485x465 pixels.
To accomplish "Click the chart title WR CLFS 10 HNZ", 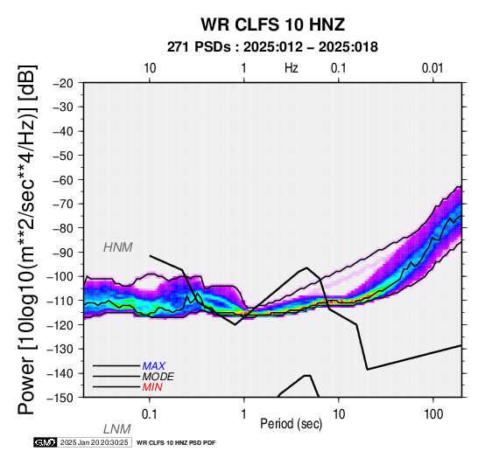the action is [x=273, y=24].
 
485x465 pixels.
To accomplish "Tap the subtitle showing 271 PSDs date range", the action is [x=272, y=47].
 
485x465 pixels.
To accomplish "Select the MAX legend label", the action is [x=154, y=366].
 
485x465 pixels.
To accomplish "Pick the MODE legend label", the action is [x=158, y=377].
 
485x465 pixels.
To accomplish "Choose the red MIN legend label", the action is [x=152, y=387].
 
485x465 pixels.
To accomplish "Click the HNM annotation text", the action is [x=118, y=247].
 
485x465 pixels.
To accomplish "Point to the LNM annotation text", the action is [x=117, y=429].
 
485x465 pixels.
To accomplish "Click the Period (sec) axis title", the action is [x=291, y=424].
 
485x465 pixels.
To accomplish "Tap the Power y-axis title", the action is [x=26, y=239].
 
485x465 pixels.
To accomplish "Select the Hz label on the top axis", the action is [x=291, y=68].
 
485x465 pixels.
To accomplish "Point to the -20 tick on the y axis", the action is [x=63, y=83].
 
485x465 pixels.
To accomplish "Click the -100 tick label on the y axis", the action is [x=60, y=276].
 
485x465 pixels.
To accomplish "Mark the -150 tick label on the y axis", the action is [x=60, y=398].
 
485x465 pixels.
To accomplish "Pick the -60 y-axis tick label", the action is [x=63, y=180].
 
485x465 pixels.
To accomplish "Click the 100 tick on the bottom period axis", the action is [x=433, y=414].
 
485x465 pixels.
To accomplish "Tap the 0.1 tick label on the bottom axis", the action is [x=150, y=414].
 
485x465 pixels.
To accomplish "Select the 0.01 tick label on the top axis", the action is [x=432, y=68].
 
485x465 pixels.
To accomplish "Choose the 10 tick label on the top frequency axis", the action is [x=150, y=68].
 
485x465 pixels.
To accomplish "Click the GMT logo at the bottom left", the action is [x=46, y=442].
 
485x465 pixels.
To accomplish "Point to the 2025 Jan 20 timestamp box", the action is [x=95, y=442].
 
